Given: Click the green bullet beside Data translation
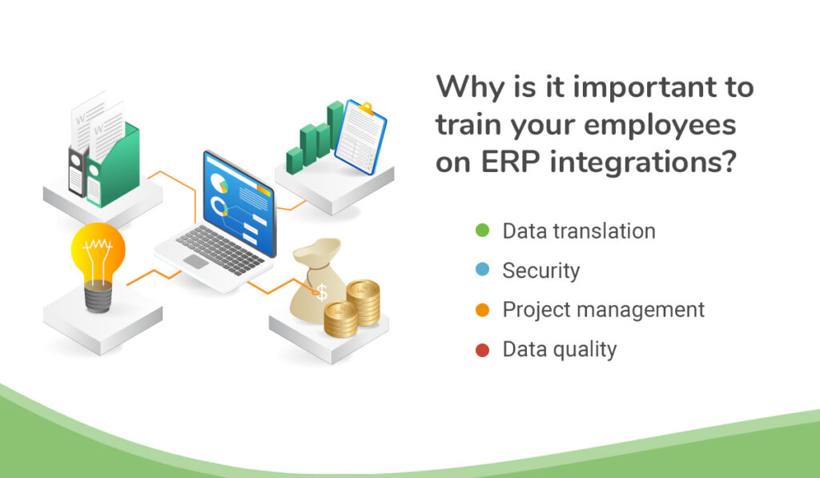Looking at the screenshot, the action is tap(482, 231).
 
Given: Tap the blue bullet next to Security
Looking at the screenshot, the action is tap(482, 270).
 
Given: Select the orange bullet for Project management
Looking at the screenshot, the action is tap(482, 310).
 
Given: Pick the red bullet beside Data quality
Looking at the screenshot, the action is tap(482, 350).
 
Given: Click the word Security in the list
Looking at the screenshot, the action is tap(541, 271).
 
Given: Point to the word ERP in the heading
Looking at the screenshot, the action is tap(511, 162).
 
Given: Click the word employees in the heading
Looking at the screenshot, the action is tap(660, 126).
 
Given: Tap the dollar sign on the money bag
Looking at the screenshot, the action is tap(322, 291).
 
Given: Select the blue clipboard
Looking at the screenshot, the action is tap(361, 137).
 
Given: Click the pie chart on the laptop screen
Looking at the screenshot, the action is tap(219, 183).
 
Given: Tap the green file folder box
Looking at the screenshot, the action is tap(114, 165).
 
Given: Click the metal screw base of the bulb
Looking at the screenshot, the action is tap(98, 296).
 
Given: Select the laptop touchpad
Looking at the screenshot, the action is tap(195, 262).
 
